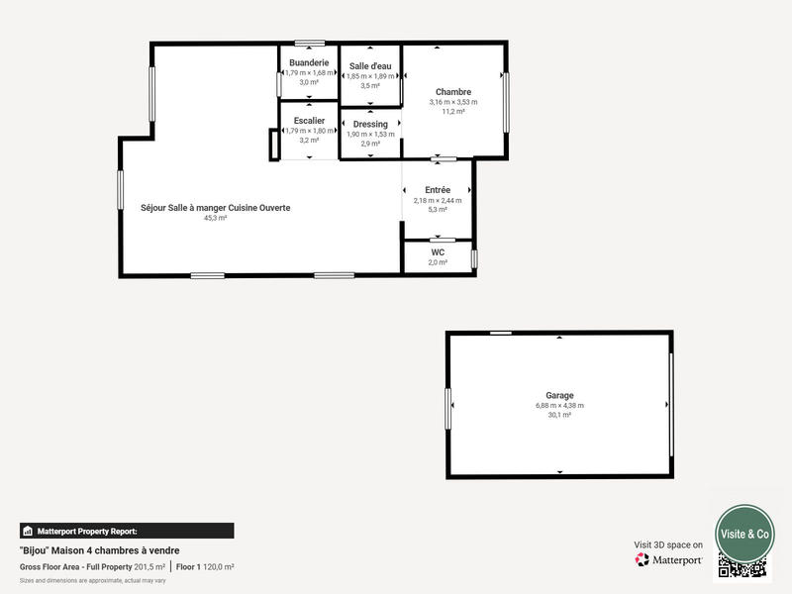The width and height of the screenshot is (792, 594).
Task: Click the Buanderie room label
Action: point(309,62)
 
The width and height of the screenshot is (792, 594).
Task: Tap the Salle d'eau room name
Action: point(370,66)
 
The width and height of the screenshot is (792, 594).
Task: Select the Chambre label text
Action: point(453,92)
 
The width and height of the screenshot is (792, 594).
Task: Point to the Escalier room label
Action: point(309,121)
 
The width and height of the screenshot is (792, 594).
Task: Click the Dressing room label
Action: point(370,124)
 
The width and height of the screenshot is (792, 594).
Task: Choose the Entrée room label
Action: point(438,190)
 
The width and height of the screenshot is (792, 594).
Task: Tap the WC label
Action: point(438,252)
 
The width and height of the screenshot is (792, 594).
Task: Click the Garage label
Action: point(559,395)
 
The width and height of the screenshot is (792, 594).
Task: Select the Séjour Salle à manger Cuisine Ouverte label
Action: point(216,208)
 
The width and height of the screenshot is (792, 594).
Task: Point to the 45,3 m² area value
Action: point(216,218)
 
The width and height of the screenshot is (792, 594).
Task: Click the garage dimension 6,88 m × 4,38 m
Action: point(559,406)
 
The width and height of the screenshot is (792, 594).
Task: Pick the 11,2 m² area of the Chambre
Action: point(453,111)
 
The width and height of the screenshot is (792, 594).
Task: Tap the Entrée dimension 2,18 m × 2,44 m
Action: point(438,201)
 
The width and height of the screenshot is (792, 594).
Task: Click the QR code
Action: point(742,566)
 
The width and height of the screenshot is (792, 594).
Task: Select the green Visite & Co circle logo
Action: point(744,534)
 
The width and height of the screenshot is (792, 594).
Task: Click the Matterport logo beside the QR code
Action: point(669,559)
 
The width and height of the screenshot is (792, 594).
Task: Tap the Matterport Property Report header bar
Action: point(127,531)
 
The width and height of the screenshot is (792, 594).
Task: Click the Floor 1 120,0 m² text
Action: point(206,566)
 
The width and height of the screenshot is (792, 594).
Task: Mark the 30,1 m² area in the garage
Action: point(559,415)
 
